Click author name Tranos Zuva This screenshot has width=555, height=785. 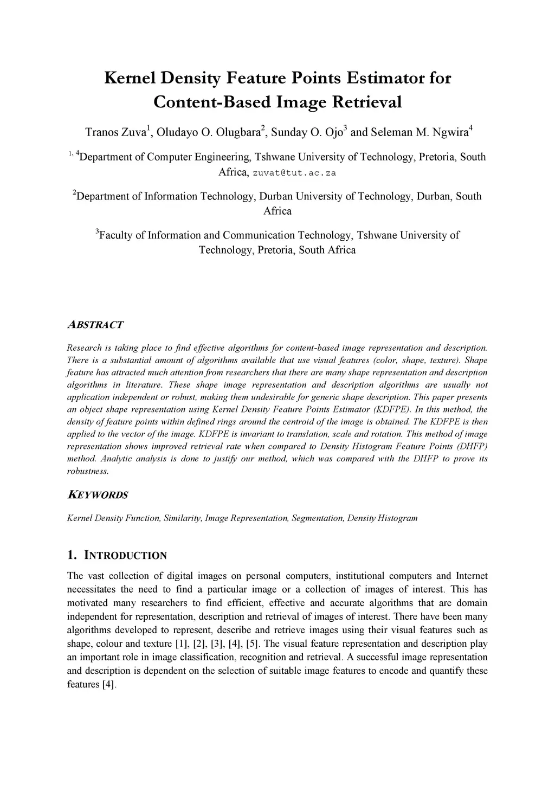pyautogui.click(x=115, y=132)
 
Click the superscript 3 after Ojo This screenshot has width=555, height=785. pyautogui.click(x=346, y=128)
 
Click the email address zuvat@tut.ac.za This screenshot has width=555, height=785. pyautogui.click(x=295, y=173)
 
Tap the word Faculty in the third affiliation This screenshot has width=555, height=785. pyautogui.click(x=116, y=235)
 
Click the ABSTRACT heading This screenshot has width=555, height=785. pyautogui.click(x=95, y=325)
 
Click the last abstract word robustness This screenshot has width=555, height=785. pyautogui.click(x=88, y=471)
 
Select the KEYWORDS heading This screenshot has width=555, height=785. pyautogui.click(x=98, y=495)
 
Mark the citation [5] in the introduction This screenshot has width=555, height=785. pyautogui.click(x=254, y=644)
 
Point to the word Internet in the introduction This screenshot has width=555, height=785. pyautogui.click(x=472, y=576)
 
